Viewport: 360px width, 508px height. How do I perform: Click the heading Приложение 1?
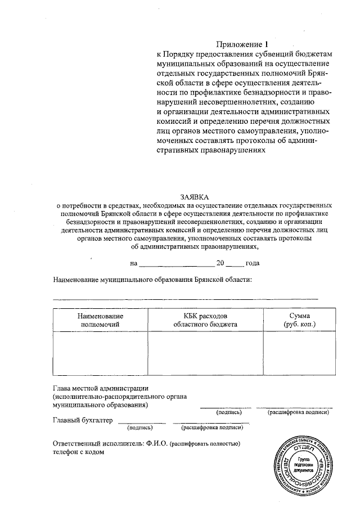click(240, 44)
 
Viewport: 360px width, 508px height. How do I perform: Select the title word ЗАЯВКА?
click(194, 197)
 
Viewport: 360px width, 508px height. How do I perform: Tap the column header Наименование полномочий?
click(100, 320)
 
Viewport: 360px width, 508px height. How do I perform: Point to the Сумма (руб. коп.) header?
click(299, 320)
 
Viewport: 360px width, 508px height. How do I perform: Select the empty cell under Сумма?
click(299, 353)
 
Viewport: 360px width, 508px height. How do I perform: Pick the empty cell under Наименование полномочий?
click(100, 353)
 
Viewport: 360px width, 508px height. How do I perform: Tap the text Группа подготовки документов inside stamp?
click(304, 464)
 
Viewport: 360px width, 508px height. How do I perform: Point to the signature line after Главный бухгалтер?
click(142, 422)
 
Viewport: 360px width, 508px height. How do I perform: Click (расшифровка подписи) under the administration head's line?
click(298, 412)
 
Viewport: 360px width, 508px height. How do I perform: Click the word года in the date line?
click(252, 263)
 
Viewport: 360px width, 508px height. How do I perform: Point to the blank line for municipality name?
click(185, 298)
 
